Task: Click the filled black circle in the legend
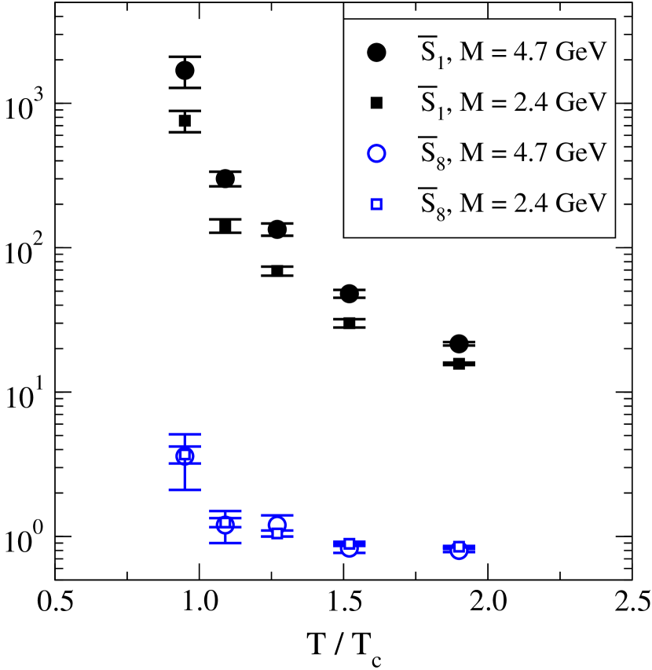pyautogui.click(x=376, y=53)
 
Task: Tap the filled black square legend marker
pyautogui.click(x=376, y=103)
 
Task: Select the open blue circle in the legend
pyautogui.click(x=376, y=153)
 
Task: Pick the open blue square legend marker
pyautogui.click(x=376, y=204)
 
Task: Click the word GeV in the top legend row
pyautogui.click(x=581, y=53)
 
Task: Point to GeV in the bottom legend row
pyautogui.click(x=581, y=203)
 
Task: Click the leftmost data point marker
pyautogui.click(x=185, y=456)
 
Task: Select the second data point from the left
pyautogui.click(x=225, y=524)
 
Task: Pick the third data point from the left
pyautogui.click(x=277, y=527)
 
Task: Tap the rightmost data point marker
pyautogui.click(x=459, y=549)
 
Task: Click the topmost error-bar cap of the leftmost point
pyautogui.click(x=185, y=434)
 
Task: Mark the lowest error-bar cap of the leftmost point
pyautogui.click(x=185, y=489)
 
